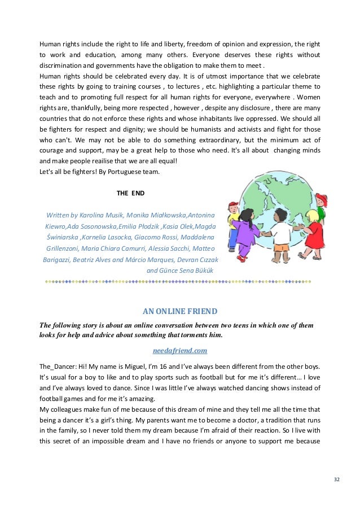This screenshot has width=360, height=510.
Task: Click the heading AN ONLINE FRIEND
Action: pos(179,310)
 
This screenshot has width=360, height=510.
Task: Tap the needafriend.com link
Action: pos(180,350)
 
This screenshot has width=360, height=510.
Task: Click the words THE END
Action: pos(130,193)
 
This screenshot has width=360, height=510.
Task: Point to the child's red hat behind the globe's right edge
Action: pos(321,199)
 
